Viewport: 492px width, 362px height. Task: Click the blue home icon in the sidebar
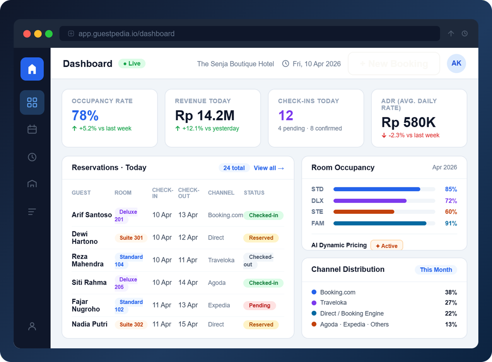[x=32, y=69]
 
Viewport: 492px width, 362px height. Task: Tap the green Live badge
[x=132, y=64]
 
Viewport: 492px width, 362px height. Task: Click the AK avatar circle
[x=456, y=64]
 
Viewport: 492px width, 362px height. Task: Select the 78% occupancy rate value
[x=85, y=116]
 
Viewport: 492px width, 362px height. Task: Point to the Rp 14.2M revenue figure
[x=205, y=116]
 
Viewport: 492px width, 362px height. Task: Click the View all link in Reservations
[x=269, y=168]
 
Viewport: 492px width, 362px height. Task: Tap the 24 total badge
[x=234, y=168]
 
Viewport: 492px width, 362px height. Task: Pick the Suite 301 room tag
[x=131, y=238]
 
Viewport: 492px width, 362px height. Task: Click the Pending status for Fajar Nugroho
[x=260, y=306]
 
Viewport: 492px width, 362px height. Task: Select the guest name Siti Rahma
[x=89, y=283]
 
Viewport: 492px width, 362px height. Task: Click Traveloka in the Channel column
[x=221, y=260]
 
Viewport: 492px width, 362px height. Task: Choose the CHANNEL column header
[x=221, y=193]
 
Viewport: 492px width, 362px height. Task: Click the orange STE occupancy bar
[x=364, y=212]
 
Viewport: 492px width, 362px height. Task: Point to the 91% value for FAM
[x=451, y=223]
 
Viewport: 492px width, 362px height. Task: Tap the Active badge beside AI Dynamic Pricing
[x=387, y=246]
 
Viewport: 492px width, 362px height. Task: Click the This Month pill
[x=436, y=270]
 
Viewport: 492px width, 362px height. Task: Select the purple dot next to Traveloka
[x=314, y=303]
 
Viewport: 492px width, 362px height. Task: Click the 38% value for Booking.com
[x=451, y=292]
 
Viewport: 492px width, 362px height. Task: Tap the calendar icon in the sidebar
[x=32, y=129]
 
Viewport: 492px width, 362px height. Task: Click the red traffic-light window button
[x=27, y=34]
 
